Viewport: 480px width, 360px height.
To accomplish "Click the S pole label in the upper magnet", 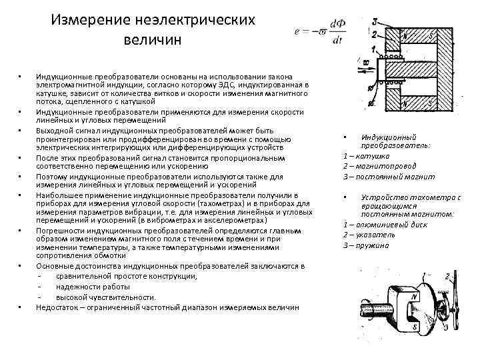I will click(431, 35).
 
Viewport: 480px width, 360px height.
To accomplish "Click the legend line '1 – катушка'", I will click(366, 155).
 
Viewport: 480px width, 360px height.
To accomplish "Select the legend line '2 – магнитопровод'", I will click(379, 165).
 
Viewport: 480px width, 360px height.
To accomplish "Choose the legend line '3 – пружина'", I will click(366, 245).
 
